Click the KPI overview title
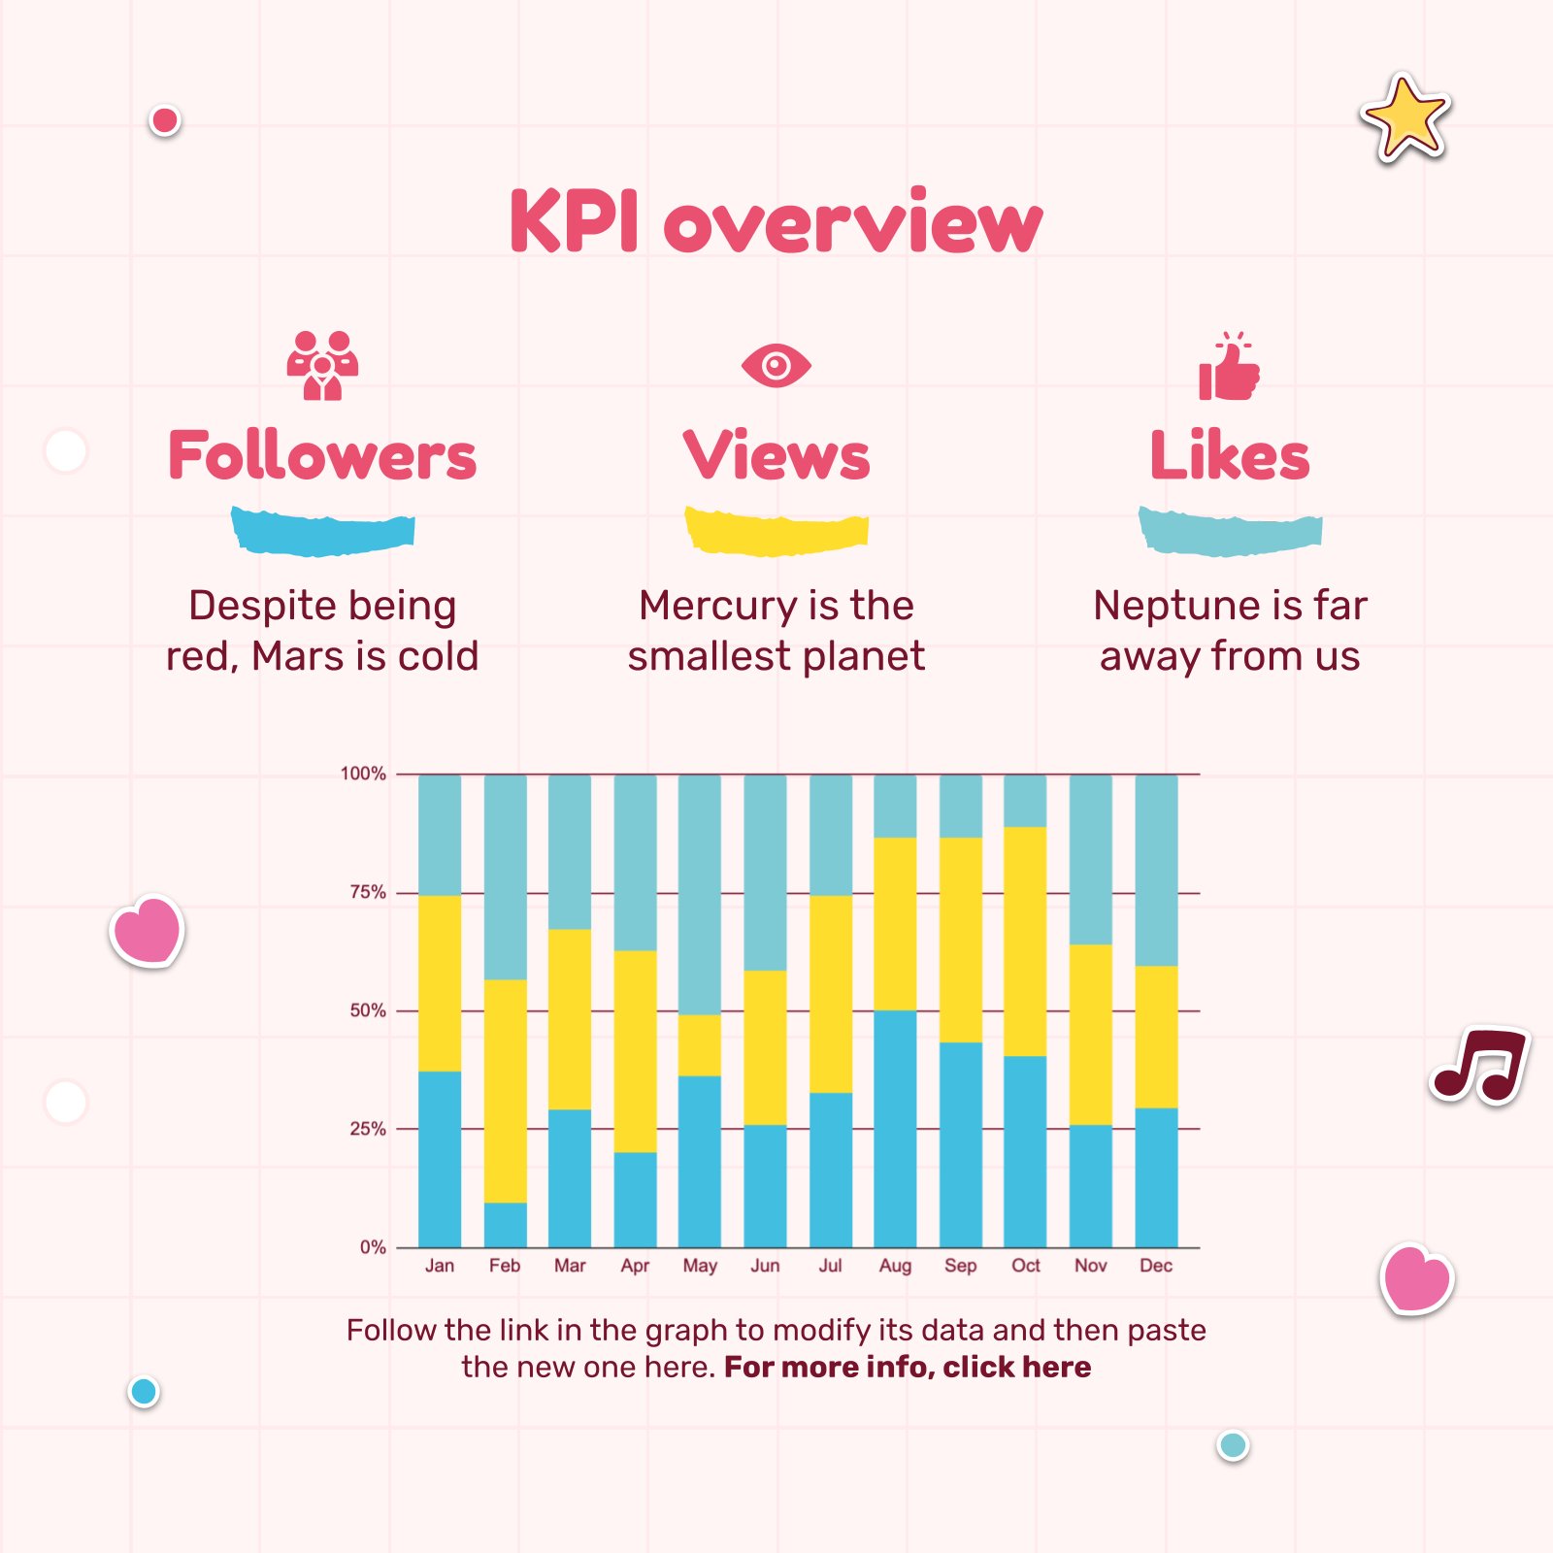776,222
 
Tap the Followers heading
322,455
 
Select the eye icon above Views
776,366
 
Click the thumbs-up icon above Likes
1229,368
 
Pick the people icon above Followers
322,366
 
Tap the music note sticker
1479,1065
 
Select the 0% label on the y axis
373,1247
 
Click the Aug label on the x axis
895,1266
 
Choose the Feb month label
505,1266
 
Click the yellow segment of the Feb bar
506,1091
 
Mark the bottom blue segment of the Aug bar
895,1129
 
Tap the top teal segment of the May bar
700,894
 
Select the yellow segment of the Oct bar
1025,942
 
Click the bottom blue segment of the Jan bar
440,1159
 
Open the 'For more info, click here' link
908,1368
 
